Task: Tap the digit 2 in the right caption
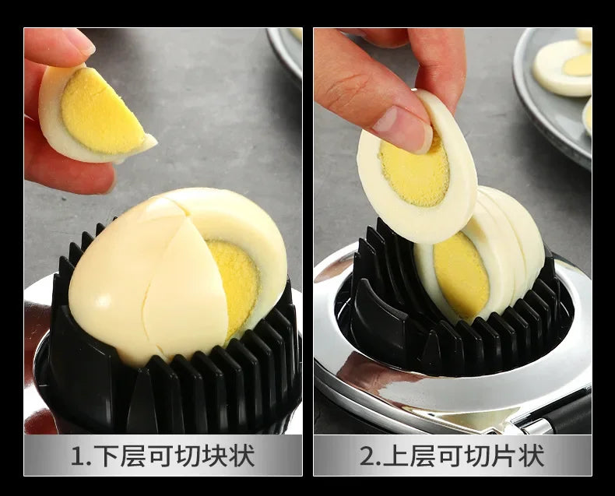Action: [367, 456]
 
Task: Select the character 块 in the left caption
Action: [215, 456]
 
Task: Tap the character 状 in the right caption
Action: [532, 456]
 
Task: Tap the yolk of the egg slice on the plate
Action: [578, 64]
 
